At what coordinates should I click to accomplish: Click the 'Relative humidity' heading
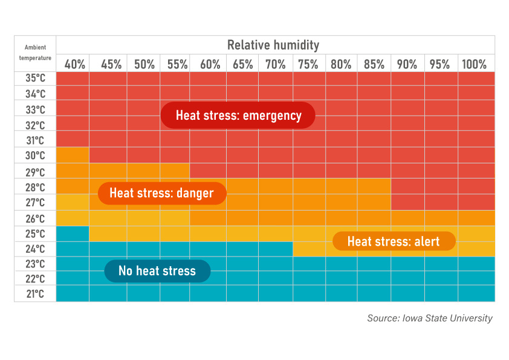pyautogui.click(x=273, y=45)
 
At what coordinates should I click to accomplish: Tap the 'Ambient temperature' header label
pyautogui.click(x=35, y=53)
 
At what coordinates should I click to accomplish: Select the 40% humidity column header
pyautogui.click(x=74, y=64)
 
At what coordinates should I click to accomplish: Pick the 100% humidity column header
pyautogui.click(x=474, y=64)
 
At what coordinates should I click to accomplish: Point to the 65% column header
pyautogui.click(x=242, y=64)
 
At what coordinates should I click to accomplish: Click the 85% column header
pyautogui.click(x=374, y=64)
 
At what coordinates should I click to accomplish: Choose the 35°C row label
pyautogui.click(x=36, y=79)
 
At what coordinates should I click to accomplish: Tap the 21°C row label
pyautogui.click(x=36, y=294)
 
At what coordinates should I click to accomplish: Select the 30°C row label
pyautogui.click(x=36, y=155)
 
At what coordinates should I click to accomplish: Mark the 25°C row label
pyautogui.click(x=36, y=234)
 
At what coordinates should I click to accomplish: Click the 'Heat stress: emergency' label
pyautogui.click(x=238, y=116)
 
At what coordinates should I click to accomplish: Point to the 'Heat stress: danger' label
pyautogui.click(x=161, y=193)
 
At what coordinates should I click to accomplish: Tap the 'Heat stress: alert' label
pyautogui.click(x=393, y=241)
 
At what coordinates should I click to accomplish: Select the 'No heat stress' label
pyautogui.click(x=157, y=270)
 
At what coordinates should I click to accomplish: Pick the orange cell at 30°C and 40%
pyautogui.click(x=73, y=155)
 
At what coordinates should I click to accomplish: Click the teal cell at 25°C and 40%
pyautogui.click(x=73, y=234)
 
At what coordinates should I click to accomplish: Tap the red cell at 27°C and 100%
pyautogui.click(x=476, y=202)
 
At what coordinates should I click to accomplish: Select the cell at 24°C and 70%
pyautogui.click(x=276, y=249)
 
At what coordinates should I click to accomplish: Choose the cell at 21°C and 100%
pyautogui.click(x=476, y=294)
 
